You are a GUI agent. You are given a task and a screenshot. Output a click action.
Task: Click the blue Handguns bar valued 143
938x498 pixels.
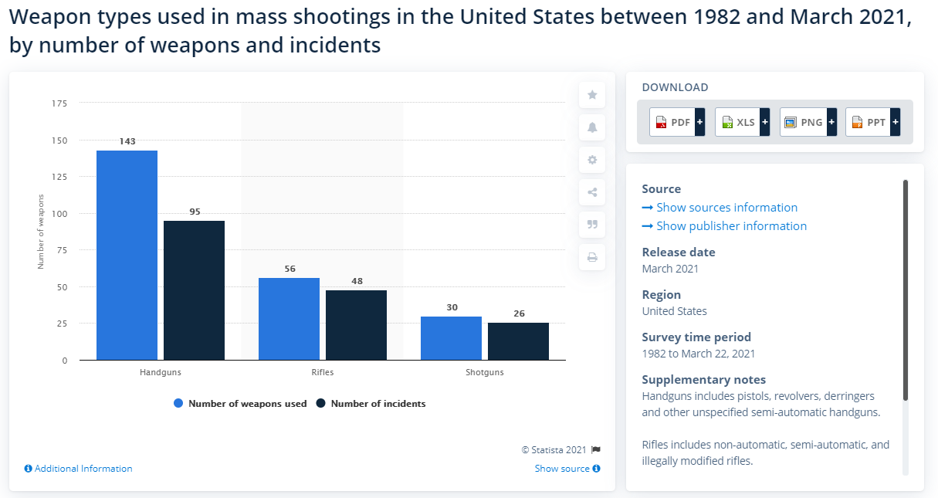(127, 255)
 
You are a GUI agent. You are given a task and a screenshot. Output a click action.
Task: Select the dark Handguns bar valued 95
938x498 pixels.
(194, 290)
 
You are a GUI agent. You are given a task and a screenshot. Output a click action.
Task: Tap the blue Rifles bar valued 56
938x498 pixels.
(289, 319)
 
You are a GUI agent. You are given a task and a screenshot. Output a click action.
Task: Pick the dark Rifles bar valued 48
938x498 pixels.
(356, 325)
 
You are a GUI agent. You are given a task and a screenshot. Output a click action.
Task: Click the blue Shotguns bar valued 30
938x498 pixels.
(451, 338)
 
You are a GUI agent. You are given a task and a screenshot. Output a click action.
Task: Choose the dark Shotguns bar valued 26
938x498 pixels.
(518, 341)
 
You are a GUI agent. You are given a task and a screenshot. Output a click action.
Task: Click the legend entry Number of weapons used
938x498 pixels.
(240, 403)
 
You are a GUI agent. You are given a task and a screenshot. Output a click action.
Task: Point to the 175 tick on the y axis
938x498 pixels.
(60, 103)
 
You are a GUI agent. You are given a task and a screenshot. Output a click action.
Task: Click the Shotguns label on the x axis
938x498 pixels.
(484, 372)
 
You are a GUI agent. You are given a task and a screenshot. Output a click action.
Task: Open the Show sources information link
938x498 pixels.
(726, 207)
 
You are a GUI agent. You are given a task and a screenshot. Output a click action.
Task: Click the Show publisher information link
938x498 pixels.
(730, 225)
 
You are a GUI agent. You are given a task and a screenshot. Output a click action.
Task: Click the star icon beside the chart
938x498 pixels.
(592, 95)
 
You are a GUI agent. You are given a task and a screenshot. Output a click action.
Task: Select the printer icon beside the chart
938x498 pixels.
(592, 257)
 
